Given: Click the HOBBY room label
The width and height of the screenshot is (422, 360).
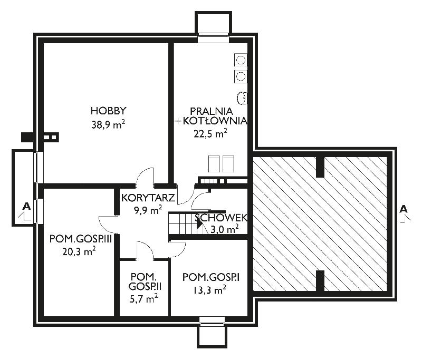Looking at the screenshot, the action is (x=109, y=111).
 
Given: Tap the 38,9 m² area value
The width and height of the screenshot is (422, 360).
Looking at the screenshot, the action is (x=108, y=124).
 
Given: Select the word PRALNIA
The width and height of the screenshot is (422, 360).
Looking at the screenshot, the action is (x=212, y=111).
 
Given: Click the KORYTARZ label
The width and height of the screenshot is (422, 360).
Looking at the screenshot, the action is (x=148, y=198).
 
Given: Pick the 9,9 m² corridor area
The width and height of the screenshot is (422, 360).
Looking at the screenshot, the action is (x=148, y=210).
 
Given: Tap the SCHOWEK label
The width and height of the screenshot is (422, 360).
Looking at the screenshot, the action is (x=221, y=218).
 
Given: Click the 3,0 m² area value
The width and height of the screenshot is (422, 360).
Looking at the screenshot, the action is (x=225, y=229).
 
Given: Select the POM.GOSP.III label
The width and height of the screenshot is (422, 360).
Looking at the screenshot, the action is (x=81, y=239).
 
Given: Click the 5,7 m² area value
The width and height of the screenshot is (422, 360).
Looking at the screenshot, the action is (x=143, y=298).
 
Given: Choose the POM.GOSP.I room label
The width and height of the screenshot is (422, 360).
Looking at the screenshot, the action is (x=211, y=277).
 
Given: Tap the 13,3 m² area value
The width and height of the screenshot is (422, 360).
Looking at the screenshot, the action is (x=209, y=290).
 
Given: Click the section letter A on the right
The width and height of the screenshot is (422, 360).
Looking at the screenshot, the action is (x=404, y=209).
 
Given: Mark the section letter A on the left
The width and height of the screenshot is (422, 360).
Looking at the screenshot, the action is (x=26, y=206).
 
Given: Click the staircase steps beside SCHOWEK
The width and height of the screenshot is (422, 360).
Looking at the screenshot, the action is (x=186, y=223).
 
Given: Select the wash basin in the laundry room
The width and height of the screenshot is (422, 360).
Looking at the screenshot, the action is (x=242, y=98).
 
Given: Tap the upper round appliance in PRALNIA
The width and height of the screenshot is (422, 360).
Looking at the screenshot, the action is (x=241, y=60).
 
